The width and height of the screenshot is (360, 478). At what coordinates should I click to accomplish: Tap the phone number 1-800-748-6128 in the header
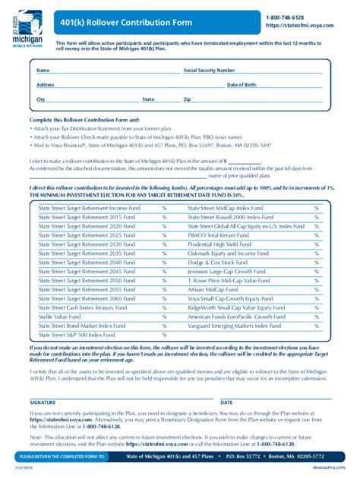(286, 16)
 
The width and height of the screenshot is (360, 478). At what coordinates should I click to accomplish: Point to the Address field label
(45, 84)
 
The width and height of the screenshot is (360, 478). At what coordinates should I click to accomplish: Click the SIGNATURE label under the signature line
(43, 402)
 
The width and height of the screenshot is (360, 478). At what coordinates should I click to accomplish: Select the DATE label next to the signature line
(226, 402)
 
